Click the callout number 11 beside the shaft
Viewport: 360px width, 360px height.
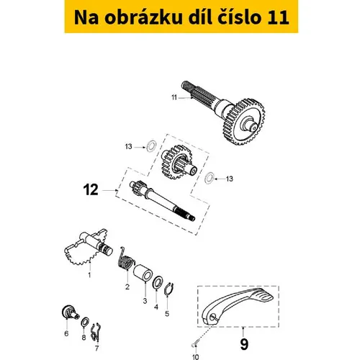[x=174, y=98]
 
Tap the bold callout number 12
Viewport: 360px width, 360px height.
[x=91, y=190]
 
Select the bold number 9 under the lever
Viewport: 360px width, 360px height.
[x=243, y=344]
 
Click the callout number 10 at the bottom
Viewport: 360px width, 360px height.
[x=196, y=357]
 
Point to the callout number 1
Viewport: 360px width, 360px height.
[x=89, y=275]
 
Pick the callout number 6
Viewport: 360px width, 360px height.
[x=66, y=333]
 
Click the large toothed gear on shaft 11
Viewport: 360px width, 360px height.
[x=245, y=122]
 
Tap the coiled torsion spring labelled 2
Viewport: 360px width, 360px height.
[x=126, y=260]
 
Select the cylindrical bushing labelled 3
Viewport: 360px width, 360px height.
[x=143, y=273]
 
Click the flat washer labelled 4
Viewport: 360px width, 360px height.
[x=158, y=283]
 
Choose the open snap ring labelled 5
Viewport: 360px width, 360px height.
[x=169, y=289]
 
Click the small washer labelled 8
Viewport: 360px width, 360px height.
[x=85, y=323]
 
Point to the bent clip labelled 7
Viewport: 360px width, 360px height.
[x=96, y=333]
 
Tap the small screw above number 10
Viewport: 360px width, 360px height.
[x=194, y=343]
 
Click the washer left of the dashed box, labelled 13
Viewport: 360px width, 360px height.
[x=151, y=146]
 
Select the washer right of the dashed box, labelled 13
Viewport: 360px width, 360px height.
[x=210, y=178]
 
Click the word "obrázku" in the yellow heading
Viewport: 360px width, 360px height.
[x=143, y=17]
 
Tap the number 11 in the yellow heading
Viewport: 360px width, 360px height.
[x=278, y=18]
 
